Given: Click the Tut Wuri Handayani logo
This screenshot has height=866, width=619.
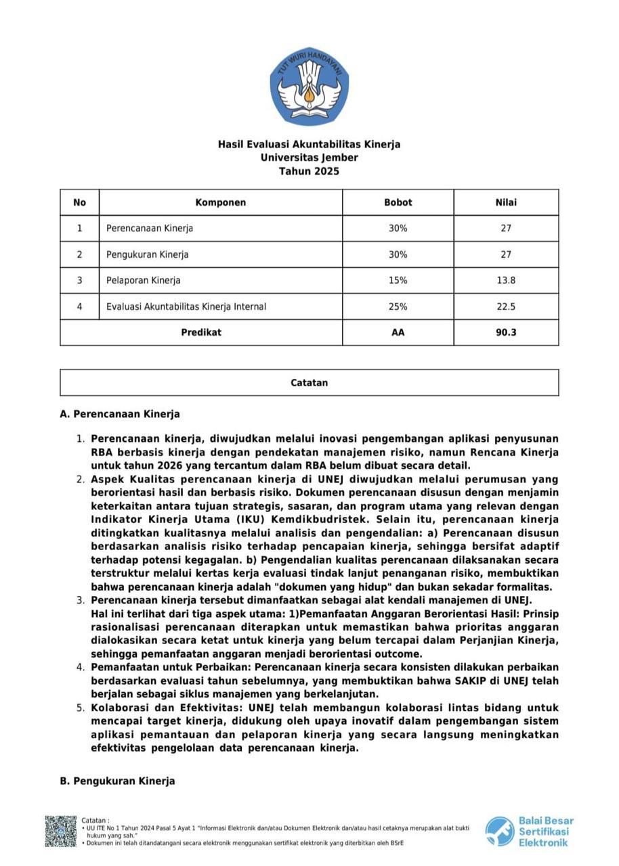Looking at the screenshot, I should pyautogui.click(x=309, y=86).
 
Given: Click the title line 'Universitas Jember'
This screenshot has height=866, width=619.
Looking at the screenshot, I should pyautogui.click(x=309, y=158).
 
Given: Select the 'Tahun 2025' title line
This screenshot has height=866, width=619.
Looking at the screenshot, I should pyautogui.click(x=309, y=171).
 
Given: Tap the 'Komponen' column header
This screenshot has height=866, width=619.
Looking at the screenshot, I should pyautogui.click(x=221, y=202).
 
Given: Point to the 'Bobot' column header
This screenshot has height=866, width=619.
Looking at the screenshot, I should pyautogui.click(x=398, y=202).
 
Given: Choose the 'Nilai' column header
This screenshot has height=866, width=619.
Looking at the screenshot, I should pyautogui.click(x=506, y=202).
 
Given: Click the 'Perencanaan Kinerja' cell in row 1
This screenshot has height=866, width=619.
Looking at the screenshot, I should pyautogui.click(x=150, y=229).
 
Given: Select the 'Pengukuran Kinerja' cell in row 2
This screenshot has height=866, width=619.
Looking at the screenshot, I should pyautogui.click(x=148, y=255).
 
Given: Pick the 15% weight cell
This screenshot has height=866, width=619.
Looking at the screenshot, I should pyautogui.click(x=398, y=280).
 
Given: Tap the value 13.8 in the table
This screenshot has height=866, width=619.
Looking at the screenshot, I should pyautogui.click(x=506, y=280).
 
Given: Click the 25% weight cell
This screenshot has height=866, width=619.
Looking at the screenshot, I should pyautogui.click(x=398, y=306).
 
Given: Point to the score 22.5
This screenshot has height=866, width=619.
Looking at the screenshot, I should pyautogui.click(x=506, y=306).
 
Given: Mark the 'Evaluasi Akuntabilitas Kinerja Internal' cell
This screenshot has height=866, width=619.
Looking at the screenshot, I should pyautogui.click(x=186, y=306).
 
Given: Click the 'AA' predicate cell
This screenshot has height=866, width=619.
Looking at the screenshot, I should pyautogui.click(x=398, y=332).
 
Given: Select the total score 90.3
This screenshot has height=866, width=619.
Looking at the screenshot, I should pyautogui.click(x=506, y=332).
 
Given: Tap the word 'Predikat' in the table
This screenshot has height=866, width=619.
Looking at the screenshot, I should pyautogui.click(x=201, y=332).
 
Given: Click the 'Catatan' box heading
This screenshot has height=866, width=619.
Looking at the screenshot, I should pyautogui.click(x=309, y=383).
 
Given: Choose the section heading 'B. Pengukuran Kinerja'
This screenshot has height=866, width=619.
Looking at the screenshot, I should pyautogui.click(x=118, y=781).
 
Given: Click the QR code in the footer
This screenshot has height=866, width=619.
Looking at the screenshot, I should pyautogui.click(x=61, y=831).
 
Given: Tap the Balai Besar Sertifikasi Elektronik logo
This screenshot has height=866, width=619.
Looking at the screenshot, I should pyautogui.click(x=529, y=831).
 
